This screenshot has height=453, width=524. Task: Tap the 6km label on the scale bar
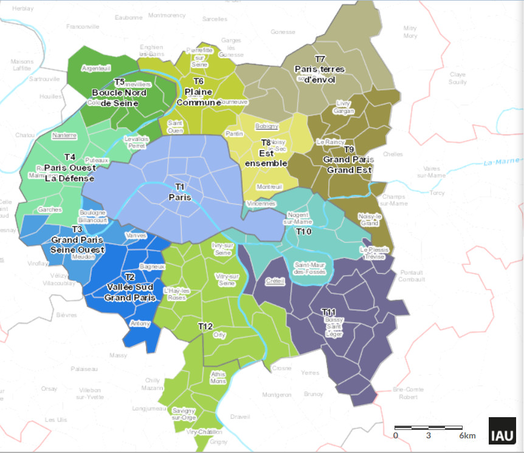point(467,436)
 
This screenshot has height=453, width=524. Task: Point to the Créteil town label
point(275,281)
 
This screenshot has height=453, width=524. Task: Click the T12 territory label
point(205,327)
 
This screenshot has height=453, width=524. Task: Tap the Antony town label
point(140,324)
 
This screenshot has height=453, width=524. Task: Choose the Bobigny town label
point(267,126)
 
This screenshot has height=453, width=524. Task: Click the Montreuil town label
point(269,186)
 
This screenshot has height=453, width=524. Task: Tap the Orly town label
point(219,335)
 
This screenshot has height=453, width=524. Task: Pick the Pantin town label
point(234,133)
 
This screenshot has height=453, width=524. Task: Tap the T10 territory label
point(303,232)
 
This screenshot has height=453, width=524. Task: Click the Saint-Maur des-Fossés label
point(310,268)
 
